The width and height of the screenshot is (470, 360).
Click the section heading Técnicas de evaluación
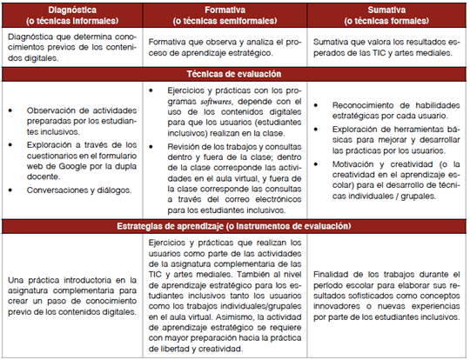(x=234, y=75)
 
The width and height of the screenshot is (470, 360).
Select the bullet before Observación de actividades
(x=11, y=111)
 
